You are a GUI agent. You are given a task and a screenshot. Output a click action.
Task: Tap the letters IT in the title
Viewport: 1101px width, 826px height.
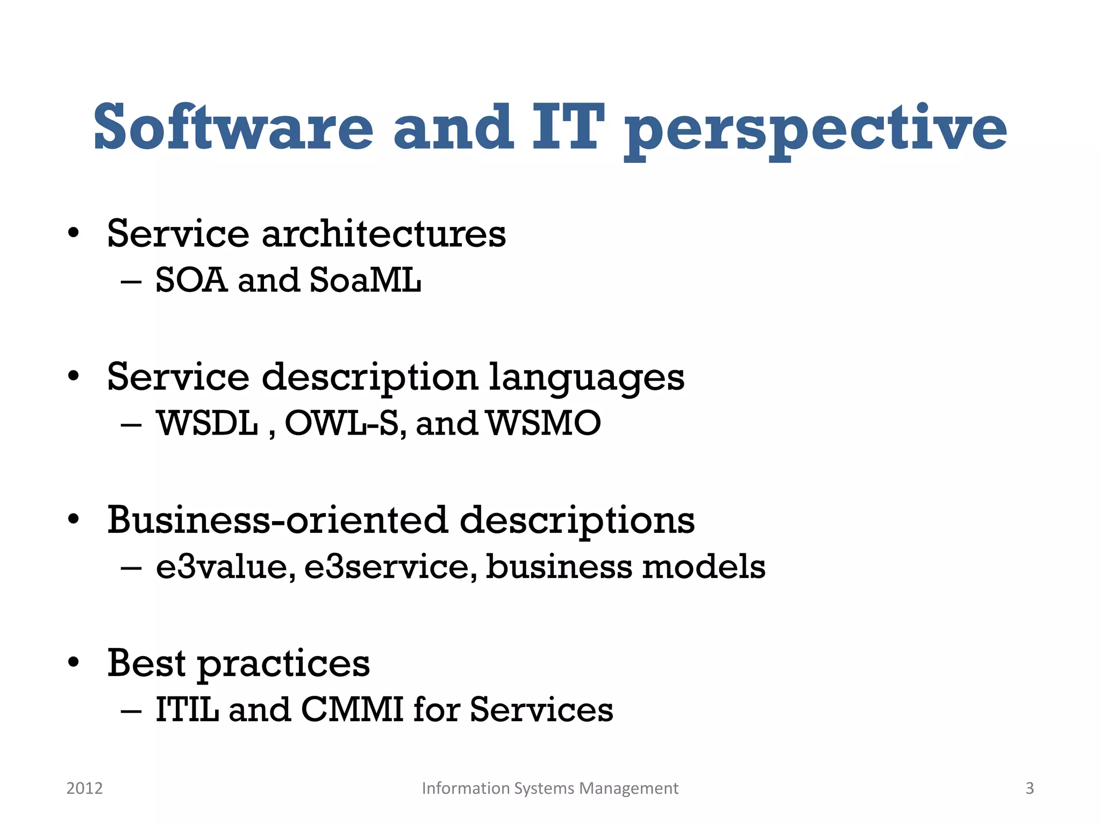tap(568, 127)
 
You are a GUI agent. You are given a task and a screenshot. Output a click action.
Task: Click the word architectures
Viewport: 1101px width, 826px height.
tap(383, 234)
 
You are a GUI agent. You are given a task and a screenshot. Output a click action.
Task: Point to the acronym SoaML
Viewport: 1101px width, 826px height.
tap(365, 280)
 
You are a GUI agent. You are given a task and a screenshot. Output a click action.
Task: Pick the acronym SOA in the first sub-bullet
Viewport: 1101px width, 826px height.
tap(191, 280)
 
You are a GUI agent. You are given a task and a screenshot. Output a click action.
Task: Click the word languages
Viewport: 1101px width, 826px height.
tap(587, 378)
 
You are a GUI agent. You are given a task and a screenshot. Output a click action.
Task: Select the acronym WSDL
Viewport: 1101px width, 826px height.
tap(208, 423)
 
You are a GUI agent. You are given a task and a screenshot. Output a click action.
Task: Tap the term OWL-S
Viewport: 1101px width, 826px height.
tap(341, 423)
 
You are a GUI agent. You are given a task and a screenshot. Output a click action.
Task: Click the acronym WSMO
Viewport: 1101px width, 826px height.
tap(544, 423)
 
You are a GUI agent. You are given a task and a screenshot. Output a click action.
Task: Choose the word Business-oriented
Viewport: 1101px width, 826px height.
tap(277, 520)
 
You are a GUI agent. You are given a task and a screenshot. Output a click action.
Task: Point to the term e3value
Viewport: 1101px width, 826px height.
tap(225, 567)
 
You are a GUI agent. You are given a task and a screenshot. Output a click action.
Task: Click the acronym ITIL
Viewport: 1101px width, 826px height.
tap(187, 709)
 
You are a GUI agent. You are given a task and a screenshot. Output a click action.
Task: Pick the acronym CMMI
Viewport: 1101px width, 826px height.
tap(352, 709)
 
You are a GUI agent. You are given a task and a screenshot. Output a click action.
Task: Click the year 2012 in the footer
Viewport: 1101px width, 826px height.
tap(84, 788)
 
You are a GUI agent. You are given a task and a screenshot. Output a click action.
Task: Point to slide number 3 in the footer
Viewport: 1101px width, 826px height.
tap(1029, 788)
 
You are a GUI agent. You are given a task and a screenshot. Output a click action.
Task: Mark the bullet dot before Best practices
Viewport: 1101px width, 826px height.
tap(74, 662)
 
